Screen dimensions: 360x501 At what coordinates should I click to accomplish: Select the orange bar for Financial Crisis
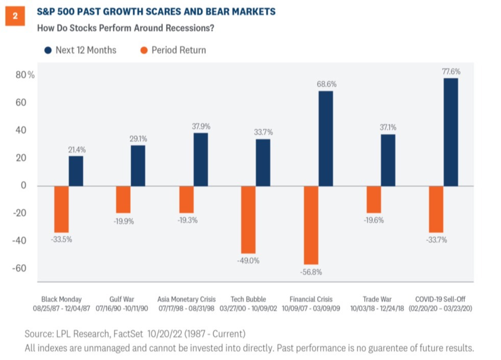(x=311, y=225)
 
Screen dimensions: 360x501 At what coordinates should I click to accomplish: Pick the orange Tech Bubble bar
(x=248, y=219)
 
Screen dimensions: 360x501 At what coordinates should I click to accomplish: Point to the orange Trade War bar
(x=373, y=199)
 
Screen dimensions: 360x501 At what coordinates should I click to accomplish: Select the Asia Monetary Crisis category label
(x=186, y=299)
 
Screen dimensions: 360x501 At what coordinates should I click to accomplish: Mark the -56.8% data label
(x=311, y=272)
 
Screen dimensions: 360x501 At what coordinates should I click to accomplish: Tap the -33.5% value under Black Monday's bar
(x=61, y=239)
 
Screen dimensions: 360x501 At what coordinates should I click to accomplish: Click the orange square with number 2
(x=15, y=16)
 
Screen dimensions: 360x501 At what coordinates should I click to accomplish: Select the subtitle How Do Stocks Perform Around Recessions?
(x=125, y=28)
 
